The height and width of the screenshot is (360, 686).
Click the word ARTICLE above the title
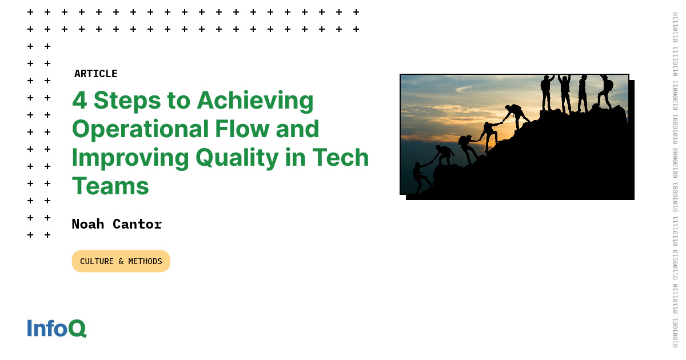(x=95, y=74)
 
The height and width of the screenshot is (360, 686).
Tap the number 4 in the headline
(x=79, y=101)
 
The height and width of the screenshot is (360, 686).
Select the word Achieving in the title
(x=255, y=102)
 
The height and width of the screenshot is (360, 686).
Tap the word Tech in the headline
(x=340, y=157)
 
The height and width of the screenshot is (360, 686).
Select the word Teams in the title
(x=110, y=186)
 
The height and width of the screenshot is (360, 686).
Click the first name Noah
(x=88, y=224)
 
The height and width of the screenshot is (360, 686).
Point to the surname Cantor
(x=137, y=224)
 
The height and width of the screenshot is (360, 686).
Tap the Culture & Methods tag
(x=121, y=261)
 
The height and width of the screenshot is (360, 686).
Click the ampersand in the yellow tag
(x=121, y=262)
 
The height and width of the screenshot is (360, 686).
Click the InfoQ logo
(x=57, y=328)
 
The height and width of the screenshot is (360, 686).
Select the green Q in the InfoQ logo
(x=78, y=329)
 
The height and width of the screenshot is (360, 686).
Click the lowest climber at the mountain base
(x=421, y=178)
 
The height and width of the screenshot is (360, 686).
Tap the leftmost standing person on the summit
(x=547, y=92)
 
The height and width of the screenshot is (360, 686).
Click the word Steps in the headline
(x=127, y=102)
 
